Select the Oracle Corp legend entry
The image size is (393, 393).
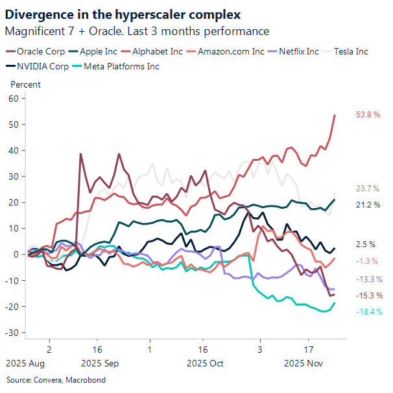click(x=40, y=51)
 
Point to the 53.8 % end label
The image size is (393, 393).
click(x=367, y=115)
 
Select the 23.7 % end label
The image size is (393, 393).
click(x=367, y=189)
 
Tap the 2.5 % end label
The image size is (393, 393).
click(x=365, y=244)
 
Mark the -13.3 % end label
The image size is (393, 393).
click(x=367, y=279)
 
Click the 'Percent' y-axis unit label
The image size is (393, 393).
click(x=26, y=84)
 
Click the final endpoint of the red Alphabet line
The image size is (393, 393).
click(x=335, y=115)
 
